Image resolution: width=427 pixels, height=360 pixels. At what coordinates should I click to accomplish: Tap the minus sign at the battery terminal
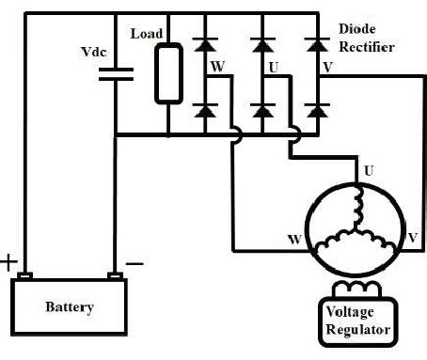pos(134,264)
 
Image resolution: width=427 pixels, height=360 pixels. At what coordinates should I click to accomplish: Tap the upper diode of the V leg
pos(318,43)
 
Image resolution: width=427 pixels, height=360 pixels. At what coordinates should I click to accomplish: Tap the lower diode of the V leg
pos(318,111)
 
